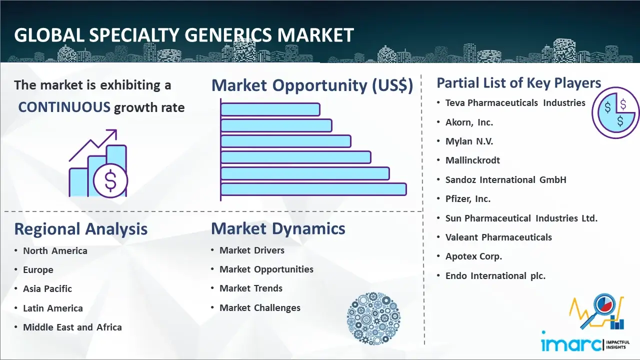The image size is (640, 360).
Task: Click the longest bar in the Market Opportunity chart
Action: click(313, 189)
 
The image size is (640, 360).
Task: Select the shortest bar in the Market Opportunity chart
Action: click(270, 109)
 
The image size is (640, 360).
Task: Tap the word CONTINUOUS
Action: click(64, 107)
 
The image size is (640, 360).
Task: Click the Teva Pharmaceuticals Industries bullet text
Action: click(515, 103)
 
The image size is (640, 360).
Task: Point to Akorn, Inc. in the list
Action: click(469, 122)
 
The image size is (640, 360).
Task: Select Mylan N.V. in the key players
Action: click(469, 141)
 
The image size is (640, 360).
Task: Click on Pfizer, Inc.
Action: click(468, 199)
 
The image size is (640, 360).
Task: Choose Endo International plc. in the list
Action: click(495, 275)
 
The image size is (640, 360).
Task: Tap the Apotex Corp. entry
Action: click(473, 256)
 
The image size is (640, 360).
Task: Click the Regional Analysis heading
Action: click(81, 229)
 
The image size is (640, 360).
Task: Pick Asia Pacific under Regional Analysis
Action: click(47, 289)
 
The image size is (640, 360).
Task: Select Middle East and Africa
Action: click(72, 327)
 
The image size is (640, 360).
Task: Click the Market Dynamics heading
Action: click(278, 228)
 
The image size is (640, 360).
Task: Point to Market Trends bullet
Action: click(251, 288)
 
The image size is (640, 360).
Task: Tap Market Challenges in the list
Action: click(260, 307)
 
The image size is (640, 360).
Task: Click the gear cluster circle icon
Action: click(373, 318)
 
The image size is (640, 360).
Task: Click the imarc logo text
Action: click(571, 344)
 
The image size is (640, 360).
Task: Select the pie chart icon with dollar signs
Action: click(615, 113)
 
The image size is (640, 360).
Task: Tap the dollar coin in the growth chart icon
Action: click(110, 180)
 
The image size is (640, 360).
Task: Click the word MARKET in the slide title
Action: click(315, 35)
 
